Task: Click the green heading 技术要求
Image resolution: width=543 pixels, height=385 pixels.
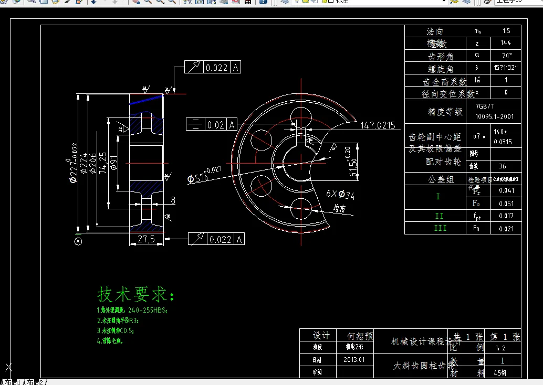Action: point(135,294)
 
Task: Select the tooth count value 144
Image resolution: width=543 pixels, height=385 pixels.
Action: point(506,43)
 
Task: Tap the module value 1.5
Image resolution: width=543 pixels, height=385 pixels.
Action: point(506,31)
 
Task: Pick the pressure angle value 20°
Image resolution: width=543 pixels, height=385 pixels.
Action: point(506,55)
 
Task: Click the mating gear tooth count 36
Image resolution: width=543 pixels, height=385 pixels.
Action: point(502,166)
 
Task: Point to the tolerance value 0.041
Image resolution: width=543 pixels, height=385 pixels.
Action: point(506,190)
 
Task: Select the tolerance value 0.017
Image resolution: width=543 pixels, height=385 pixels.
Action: point(506,216)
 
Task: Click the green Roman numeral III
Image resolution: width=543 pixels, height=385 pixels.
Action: point(440,228)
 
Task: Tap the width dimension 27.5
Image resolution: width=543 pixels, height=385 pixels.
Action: point(145,239)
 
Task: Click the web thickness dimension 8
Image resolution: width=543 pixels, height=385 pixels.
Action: point(173,200)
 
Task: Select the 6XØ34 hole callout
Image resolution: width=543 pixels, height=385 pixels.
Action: point(340,195)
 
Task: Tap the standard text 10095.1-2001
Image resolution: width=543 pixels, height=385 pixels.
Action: point(494,116)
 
